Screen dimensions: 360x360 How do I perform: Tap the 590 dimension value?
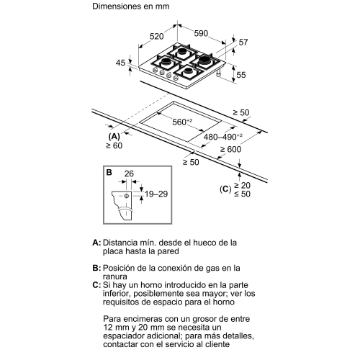pyautogui.click(x=201, y=32)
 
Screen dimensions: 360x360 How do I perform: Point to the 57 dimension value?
pyautogui.click(x=243, y=43)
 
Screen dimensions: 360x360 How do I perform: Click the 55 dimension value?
pyautogui.click(x=241, y=74)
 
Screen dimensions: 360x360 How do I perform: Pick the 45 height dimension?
pyautogui.click(x=120, y=64)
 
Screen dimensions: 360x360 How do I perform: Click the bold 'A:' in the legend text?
pyautogui.click(x=96, y=243)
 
